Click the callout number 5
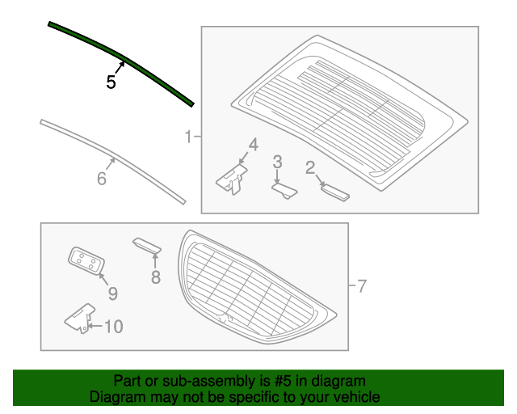point(111,82)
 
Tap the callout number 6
point(102,179)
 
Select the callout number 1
point(188,137)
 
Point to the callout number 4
point(253,145)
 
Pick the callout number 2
point(309,167)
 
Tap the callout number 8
point(155,277)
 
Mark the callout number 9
point(112,293)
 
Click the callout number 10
point(113,327)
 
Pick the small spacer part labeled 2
point(334,191)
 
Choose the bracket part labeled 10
point(80,317)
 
